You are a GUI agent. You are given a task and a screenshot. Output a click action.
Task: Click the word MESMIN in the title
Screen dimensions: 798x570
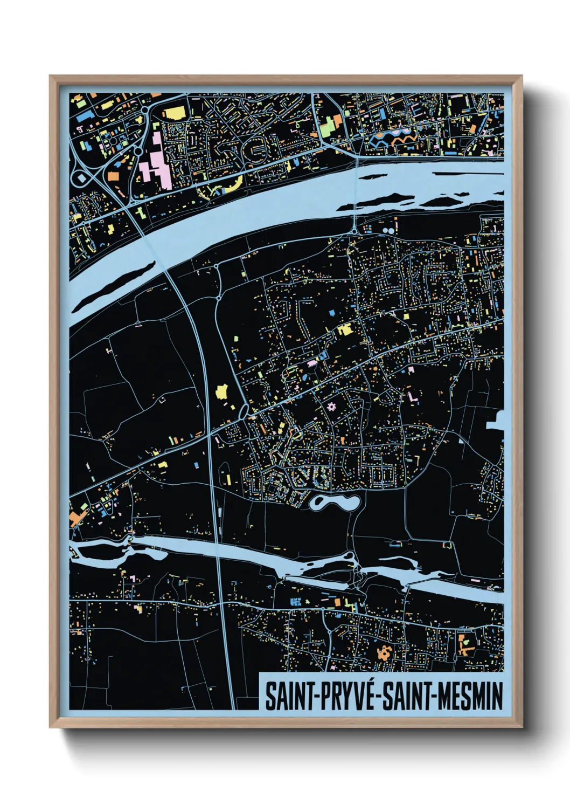click(470, 696)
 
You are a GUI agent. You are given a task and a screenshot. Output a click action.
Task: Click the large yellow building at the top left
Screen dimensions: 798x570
click(174, 113)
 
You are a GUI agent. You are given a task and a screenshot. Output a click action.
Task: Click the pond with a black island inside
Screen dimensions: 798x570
click(334, 504)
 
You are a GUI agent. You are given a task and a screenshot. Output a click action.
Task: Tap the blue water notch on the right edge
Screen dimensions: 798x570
click(496, 419)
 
